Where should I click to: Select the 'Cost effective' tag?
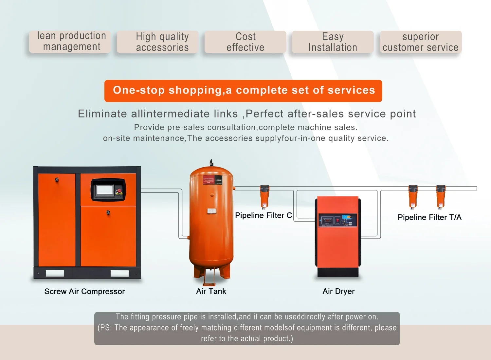tap(245, 42)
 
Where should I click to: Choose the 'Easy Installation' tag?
tap(333, 42)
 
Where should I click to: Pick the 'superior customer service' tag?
tap(421, 42)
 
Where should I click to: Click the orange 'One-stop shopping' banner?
tap(243, 91)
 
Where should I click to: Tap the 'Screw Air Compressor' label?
tap(84, 291)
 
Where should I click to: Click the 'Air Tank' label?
tap(211, 291)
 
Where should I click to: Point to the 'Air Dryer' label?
tap(338, 291)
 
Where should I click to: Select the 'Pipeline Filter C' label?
tap(263, 215)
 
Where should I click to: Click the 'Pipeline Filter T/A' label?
tap(429, 217)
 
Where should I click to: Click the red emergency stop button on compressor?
tap(119, 191)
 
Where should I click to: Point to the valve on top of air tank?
tap(211, 162)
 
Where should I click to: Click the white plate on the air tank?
tap(212, 211)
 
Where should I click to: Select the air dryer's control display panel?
tap(338, 220)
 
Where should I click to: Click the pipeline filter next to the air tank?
tap(264, 196)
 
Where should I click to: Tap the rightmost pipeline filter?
tap(441, 196)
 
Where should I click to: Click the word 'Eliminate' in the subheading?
tap(102, 114)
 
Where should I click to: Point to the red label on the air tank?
tap(209, 180)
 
